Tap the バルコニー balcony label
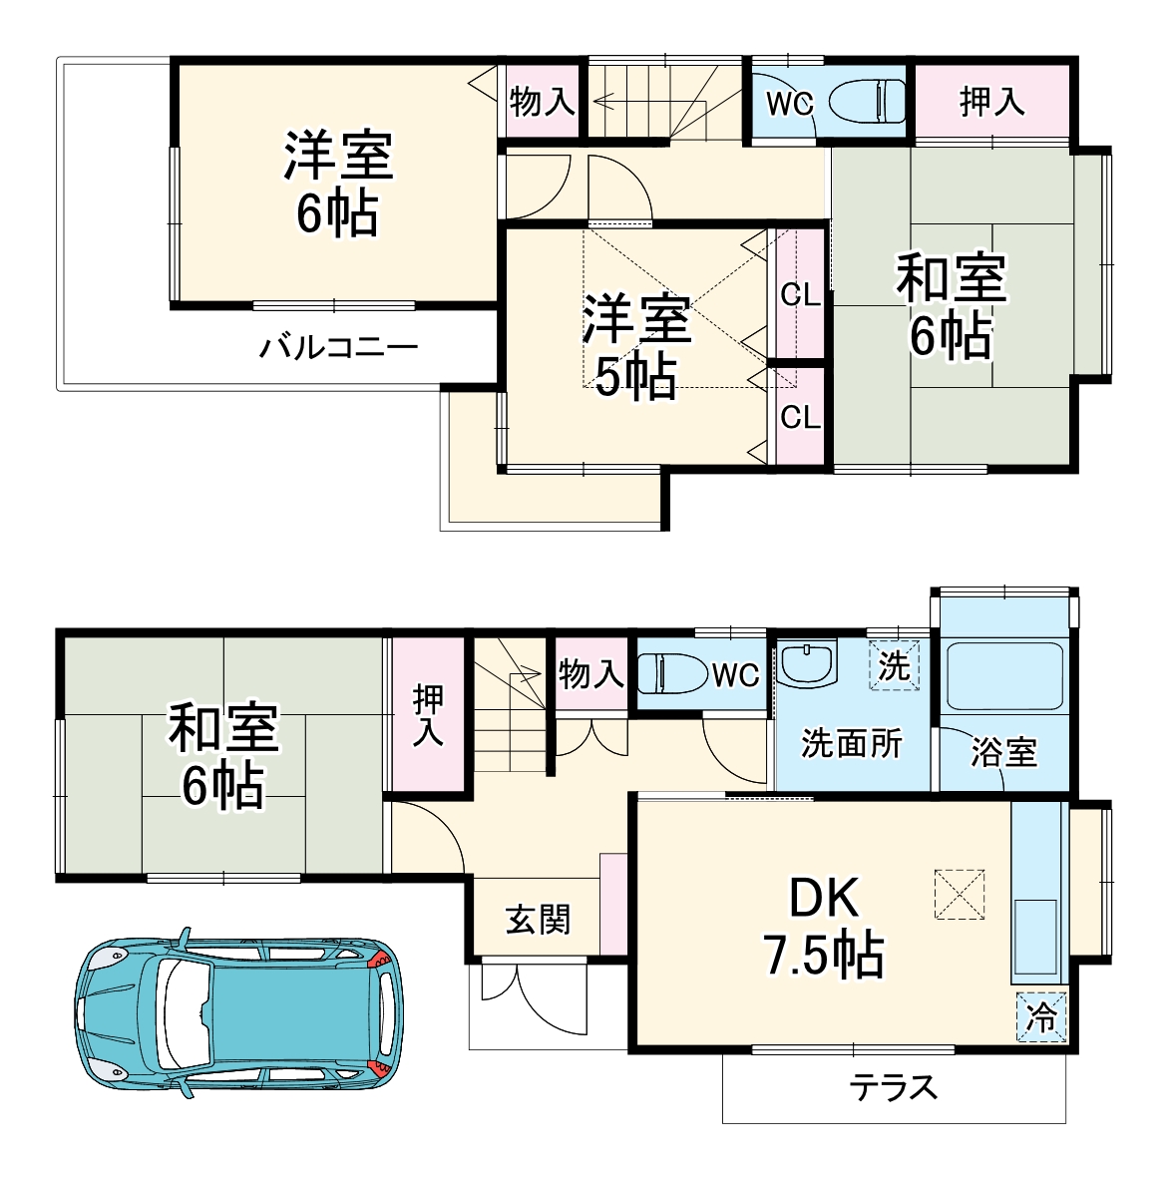[x=339, y=348]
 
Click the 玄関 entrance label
[x=538, y=919]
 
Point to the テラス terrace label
[x=894, y=1086]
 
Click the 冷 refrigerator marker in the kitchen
[x=1041, y=1017]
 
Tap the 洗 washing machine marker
[x=894, y=665]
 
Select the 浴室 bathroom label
[x=1003, y=752]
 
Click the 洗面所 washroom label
[x=852, y=743]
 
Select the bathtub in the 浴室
[x=1005, y=676]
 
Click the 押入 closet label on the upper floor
[x=991, y=101]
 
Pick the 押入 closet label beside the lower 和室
[x=429, y=715]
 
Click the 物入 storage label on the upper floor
[x=542, y=101]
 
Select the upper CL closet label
[x=800, y=295]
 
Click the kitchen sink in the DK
[x=1036, y=937]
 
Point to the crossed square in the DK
[x=959, y=894]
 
